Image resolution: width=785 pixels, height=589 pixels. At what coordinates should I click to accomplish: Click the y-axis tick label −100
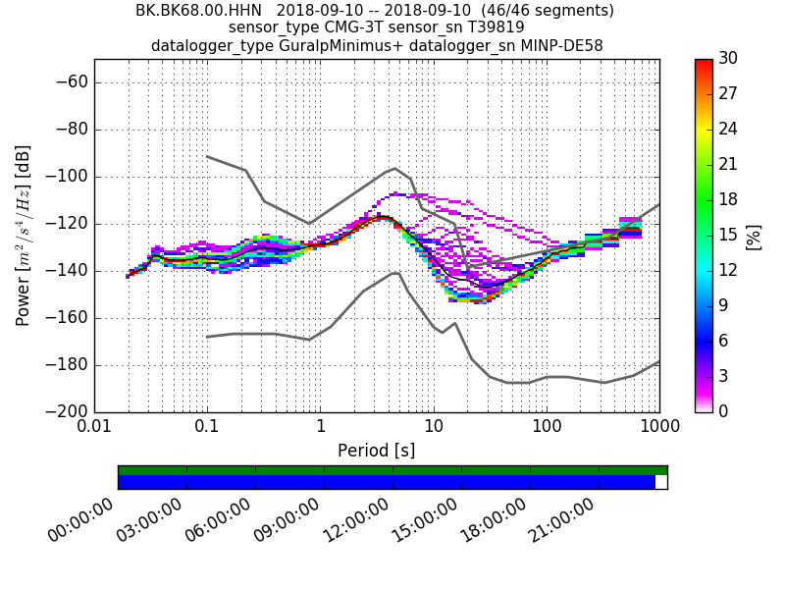[x=63, y=177]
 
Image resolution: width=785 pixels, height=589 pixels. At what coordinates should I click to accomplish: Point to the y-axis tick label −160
[x=63, y=318]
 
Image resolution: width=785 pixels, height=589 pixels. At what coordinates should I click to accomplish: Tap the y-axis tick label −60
[x=63, y=82]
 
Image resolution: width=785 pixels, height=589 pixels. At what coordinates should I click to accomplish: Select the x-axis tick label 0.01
[x=94, y=428]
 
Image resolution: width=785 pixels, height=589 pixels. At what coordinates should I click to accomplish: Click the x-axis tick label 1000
[x=658, y=428]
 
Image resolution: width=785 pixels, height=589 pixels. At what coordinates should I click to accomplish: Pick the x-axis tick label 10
[x=433, y=428]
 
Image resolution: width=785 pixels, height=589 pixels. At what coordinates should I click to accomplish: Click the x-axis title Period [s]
[x=376, y=451]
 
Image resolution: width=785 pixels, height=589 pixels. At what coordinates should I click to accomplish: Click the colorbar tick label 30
[x=728, y=58]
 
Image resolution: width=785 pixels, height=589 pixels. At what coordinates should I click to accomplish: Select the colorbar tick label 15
[x=728, y=235]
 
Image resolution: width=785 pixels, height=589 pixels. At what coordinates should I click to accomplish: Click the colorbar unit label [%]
[x=755, y=236]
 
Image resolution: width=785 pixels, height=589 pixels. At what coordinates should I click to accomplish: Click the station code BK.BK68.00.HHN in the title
[x=191, y=11]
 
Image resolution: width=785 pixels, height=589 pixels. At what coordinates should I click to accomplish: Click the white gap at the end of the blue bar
[x=660, y=482]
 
